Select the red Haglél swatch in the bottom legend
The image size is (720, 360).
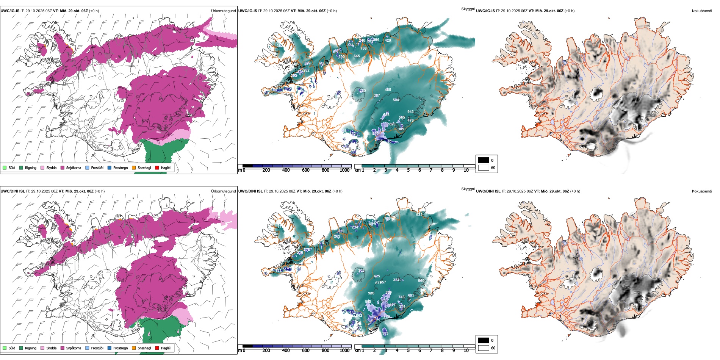(157, 348)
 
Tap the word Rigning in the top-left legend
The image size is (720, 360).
(31, 167)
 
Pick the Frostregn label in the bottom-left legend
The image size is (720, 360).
(121, 348)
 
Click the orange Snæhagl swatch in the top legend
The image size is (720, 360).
(134, 167)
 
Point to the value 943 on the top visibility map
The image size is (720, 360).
(410, 112)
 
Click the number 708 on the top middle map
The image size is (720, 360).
(363, 49)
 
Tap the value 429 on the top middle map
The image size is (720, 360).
(388, 41)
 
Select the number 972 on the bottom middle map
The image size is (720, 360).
(419, 215)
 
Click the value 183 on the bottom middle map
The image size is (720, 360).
(385, 333)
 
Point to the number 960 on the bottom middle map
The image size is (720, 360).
(421, 281)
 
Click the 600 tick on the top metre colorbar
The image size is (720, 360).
(305, 170)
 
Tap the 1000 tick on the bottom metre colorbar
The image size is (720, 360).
(344, 351)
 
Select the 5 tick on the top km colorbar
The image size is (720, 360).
(408, 170)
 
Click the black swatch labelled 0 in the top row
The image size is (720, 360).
(484, 160)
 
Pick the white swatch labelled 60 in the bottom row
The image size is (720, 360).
(484, 348)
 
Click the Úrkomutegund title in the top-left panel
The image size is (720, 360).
(223, 11)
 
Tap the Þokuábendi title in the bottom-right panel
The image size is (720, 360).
(702, 191)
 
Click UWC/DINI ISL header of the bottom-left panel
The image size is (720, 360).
(13, 191)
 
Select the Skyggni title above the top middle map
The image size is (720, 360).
(468, 9)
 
